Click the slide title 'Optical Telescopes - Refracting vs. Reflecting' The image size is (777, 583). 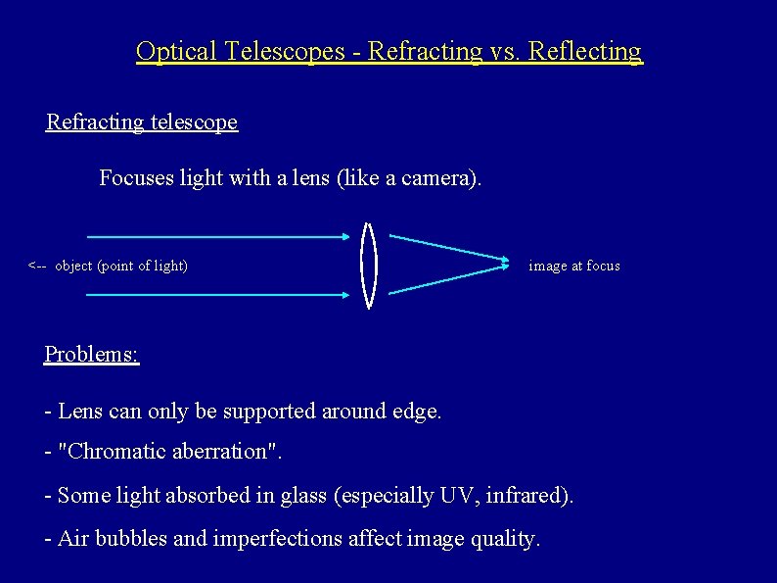click(388, 51)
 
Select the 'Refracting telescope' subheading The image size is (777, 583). click(142, 122)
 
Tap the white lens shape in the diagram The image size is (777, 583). click(369, 265)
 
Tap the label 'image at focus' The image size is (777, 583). click(573, 266)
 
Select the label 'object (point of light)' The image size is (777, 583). click(121, 266)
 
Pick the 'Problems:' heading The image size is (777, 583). click(92, 355)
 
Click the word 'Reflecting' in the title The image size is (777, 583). click(584, 51)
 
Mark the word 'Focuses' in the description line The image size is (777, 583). click(132, 178)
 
